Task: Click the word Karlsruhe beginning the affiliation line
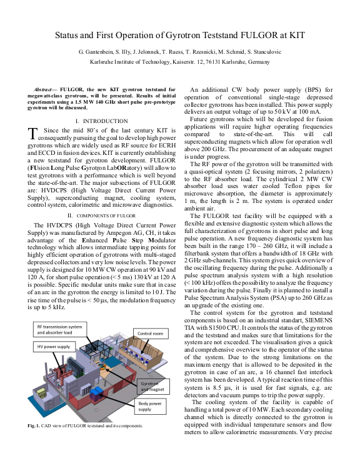(106, 63)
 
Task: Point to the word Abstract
(46, 91)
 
